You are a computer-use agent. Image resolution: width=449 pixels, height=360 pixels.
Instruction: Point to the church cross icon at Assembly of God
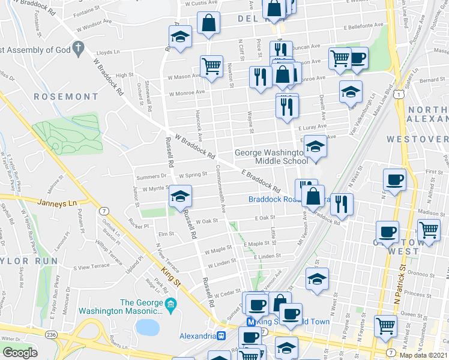(x=78, y=47)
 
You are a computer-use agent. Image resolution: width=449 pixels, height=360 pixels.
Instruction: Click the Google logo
(x=20, y=352)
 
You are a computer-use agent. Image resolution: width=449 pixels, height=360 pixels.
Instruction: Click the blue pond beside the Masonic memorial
(x=147, y=327)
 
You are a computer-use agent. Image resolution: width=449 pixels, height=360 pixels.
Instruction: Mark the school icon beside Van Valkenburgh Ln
(x=351, y=92)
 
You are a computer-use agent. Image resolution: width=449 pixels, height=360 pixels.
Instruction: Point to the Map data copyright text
(x=424, y=355)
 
